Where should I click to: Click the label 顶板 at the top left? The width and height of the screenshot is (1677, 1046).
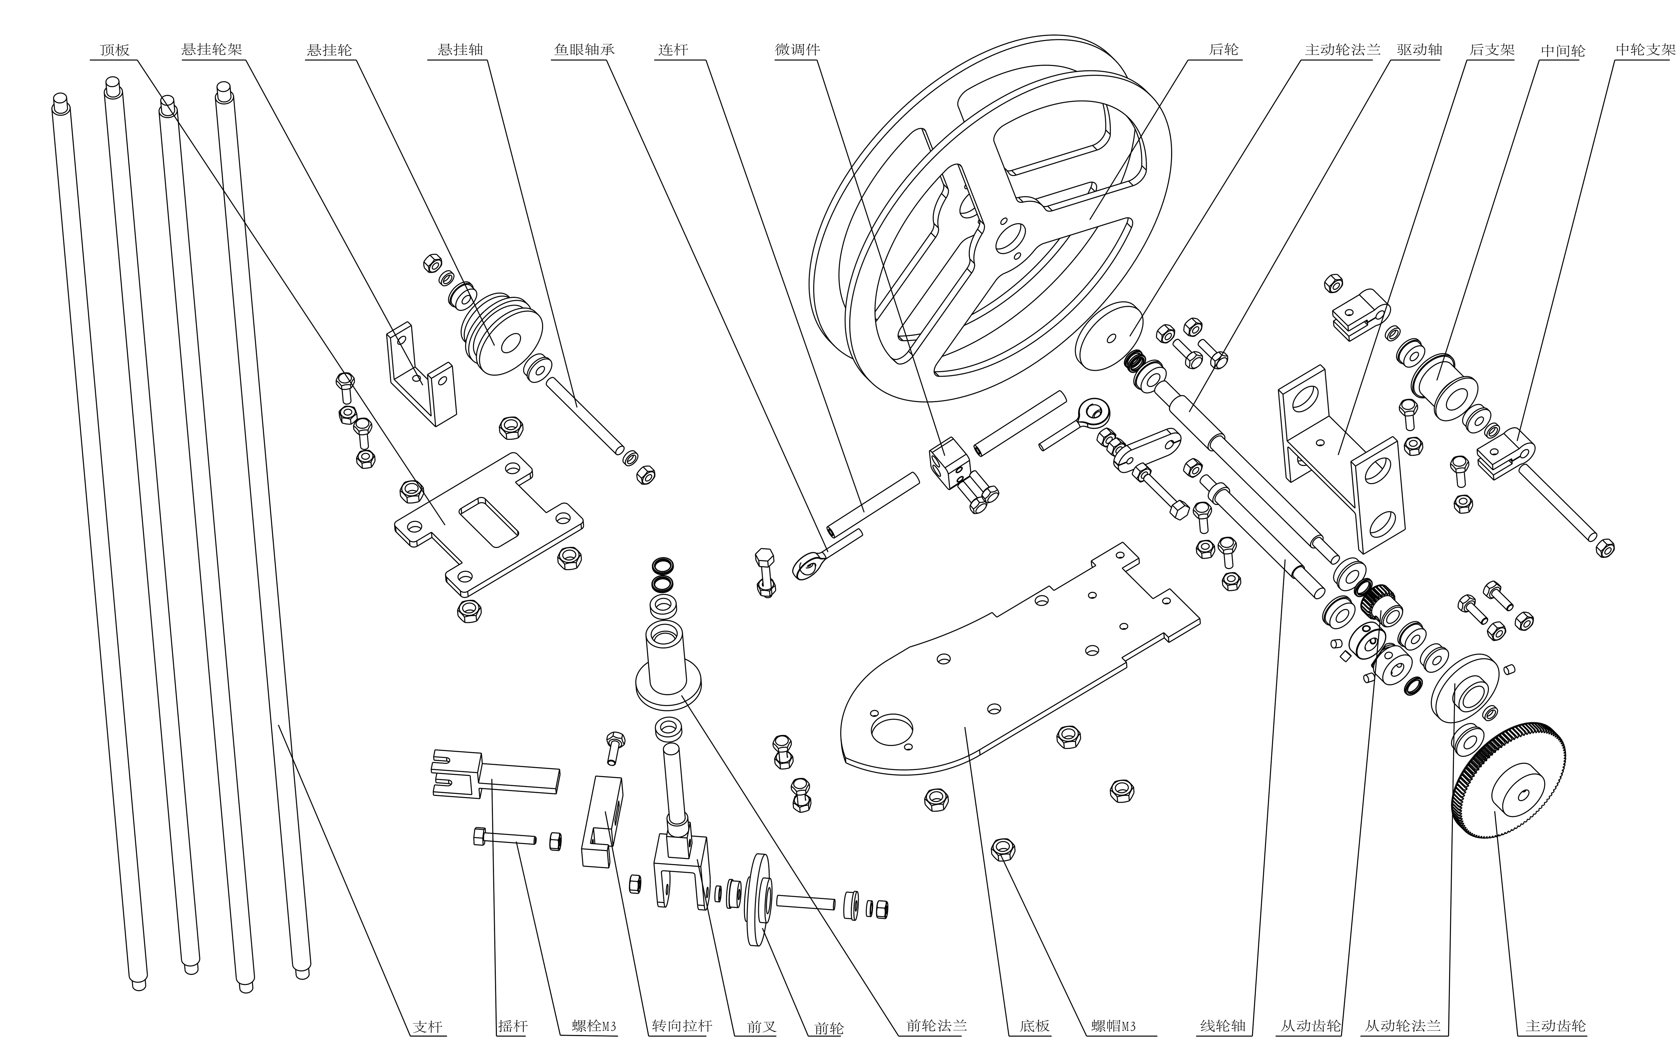coord(115,50)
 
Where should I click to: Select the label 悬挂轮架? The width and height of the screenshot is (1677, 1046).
coord(212,50)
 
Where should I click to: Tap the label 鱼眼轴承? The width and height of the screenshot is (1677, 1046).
coord(584,50)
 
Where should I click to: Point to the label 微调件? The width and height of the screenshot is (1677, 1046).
coord(797,50)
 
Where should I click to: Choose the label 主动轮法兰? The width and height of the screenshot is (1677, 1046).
coord(1342,50)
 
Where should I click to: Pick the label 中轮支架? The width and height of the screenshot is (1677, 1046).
coord(1645,50)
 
